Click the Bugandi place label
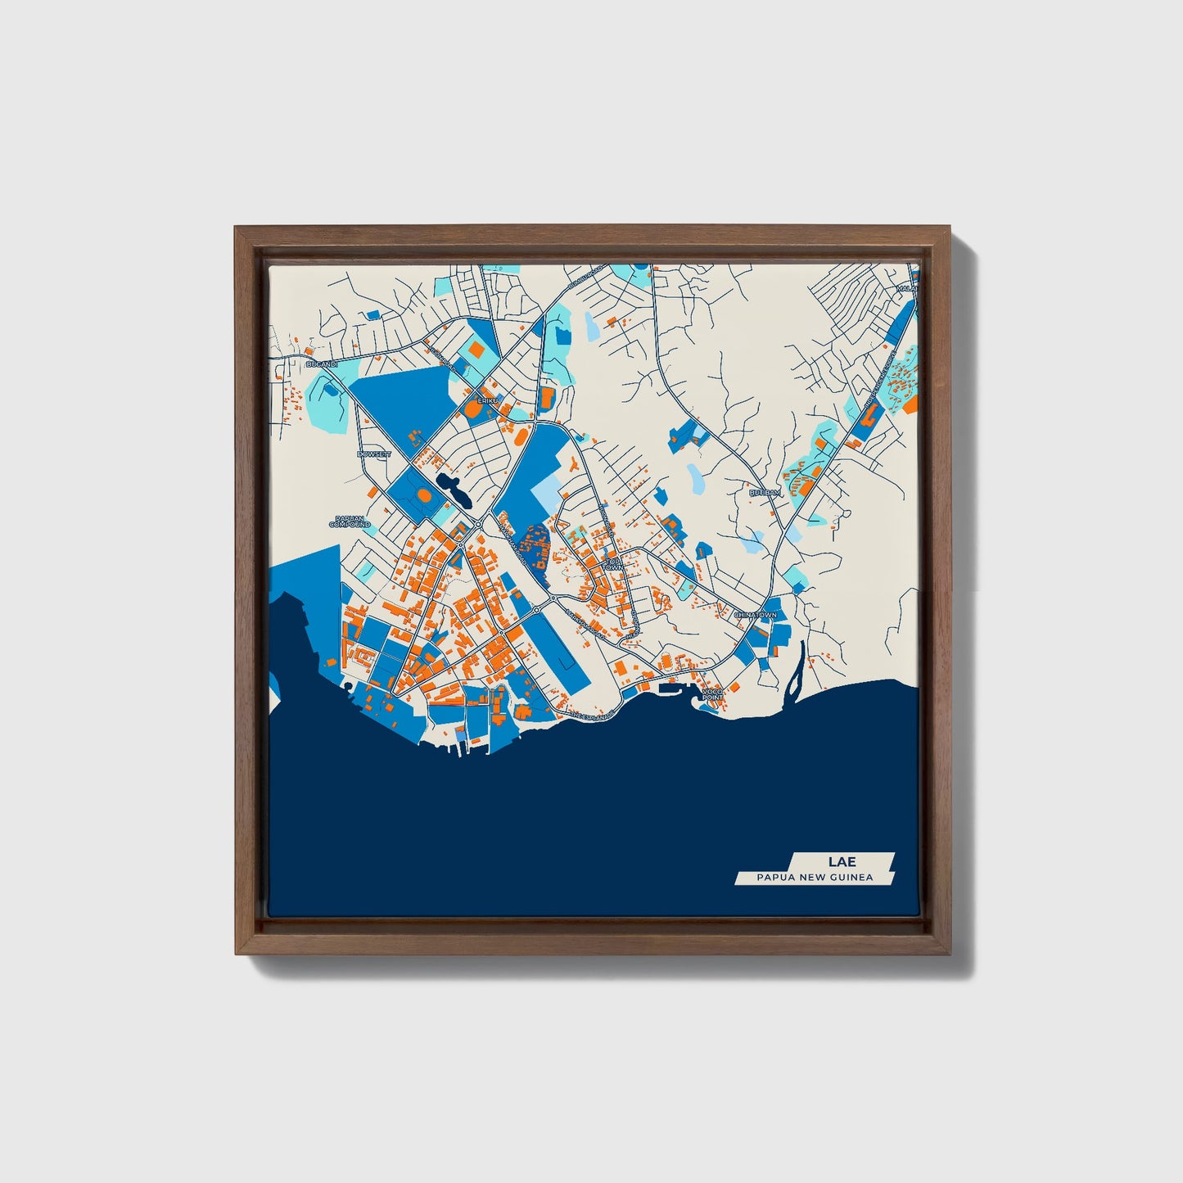[321, 363]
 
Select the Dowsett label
[374, 454]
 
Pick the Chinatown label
[755, 614]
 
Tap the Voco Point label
[713, 694]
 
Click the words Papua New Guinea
[815, 878]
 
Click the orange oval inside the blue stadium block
[423, 496]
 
